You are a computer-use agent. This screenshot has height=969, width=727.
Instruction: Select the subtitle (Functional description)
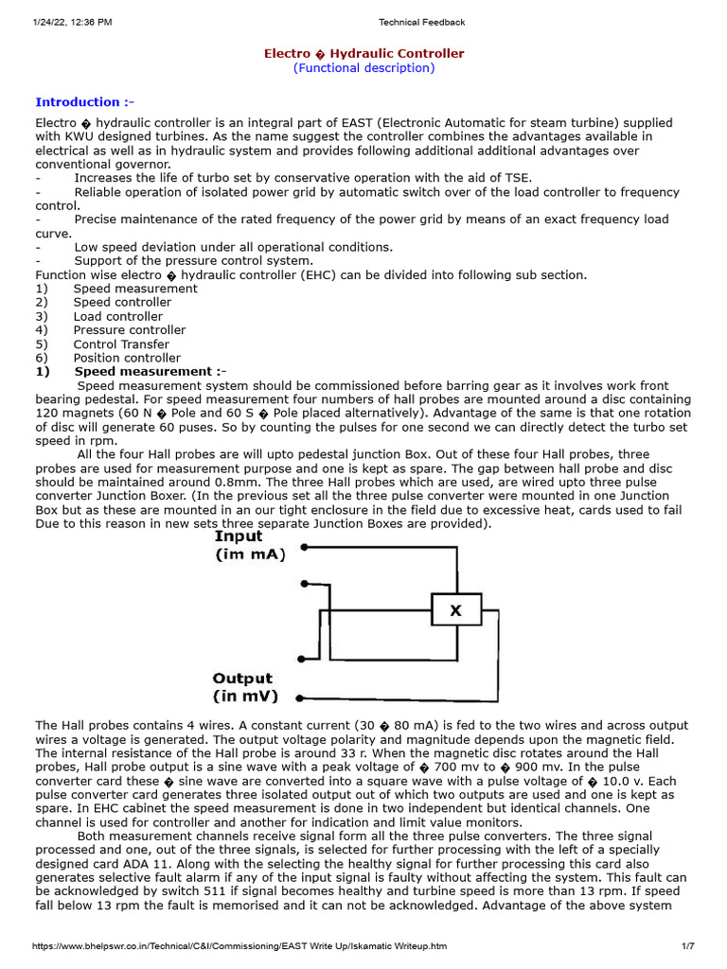[363, 68]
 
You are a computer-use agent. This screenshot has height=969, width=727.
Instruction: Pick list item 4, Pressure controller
[130, 330]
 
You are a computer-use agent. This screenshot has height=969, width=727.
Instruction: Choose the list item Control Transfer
[121, 344]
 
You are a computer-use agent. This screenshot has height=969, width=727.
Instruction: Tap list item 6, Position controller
[127, 358]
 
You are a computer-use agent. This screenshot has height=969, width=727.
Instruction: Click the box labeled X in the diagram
[456, 611]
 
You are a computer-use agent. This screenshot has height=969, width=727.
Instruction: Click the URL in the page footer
[232, 946]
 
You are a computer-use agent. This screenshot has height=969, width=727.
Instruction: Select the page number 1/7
[688, 946]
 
